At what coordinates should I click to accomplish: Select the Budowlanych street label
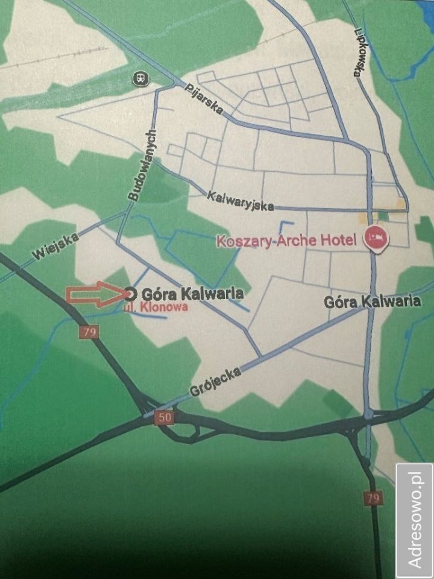click(x=142, y=165)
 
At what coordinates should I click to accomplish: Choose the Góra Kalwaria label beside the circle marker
click(x=192, y=294)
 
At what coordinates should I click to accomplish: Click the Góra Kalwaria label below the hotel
click(x=372, y=302)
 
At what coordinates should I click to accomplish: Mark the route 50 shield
click(x=163, y=417)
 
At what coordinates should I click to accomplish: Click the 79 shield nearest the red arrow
click(x=89, y=332)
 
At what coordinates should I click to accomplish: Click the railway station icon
click(x=140, y=77)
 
